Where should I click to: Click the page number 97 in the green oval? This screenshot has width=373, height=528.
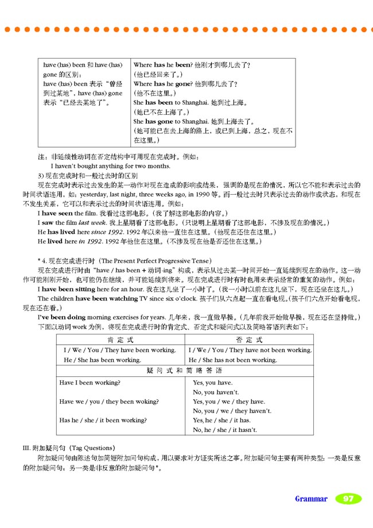pos(348,499)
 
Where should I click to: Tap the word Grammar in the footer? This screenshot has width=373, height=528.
pos(311,499)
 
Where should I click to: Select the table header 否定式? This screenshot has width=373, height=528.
pos(250,340)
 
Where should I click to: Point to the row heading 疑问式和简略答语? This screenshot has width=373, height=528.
pos(185,371)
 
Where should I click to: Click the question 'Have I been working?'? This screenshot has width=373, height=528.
pos(90,382)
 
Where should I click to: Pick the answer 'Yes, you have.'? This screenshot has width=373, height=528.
pos(212,382)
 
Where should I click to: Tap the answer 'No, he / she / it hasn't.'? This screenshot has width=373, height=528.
pos(225,430)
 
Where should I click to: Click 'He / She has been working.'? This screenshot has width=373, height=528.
pos(101,360)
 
